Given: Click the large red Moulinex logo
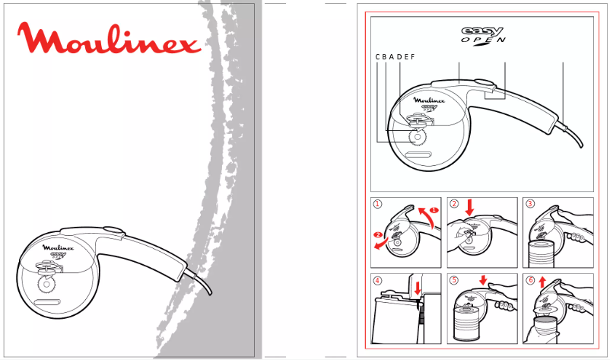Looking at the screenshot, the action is [109, 38].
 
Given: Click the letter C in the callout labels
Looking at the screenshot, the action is [378, 57].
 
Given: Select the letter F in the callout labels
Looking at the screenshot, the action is [413, 57].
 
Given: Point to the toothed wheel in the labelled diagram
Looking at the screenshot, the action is [418, 137].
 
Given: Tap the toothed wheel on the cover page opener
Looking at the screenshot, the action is [46, 284].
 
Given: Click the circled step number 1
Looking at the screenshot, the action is [377, 203].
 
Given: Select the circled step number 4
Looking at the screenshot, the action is [377, 280].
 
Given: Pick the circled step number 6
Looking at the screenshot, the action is [530, 280].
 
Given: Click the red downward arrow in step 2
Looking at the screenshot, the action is [469, 208].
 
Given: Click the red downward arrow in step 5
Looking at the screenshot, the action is [483, 280].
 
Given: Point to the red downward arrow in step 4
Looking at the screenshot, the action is [418, 288].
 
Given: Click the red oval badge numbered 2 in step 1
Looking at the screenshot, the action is [377, 234].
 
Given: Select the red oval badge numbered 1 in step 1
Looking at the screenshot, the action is [434, 210].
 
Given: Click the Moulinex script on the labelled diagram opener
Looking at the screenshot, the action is [429, 100].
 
